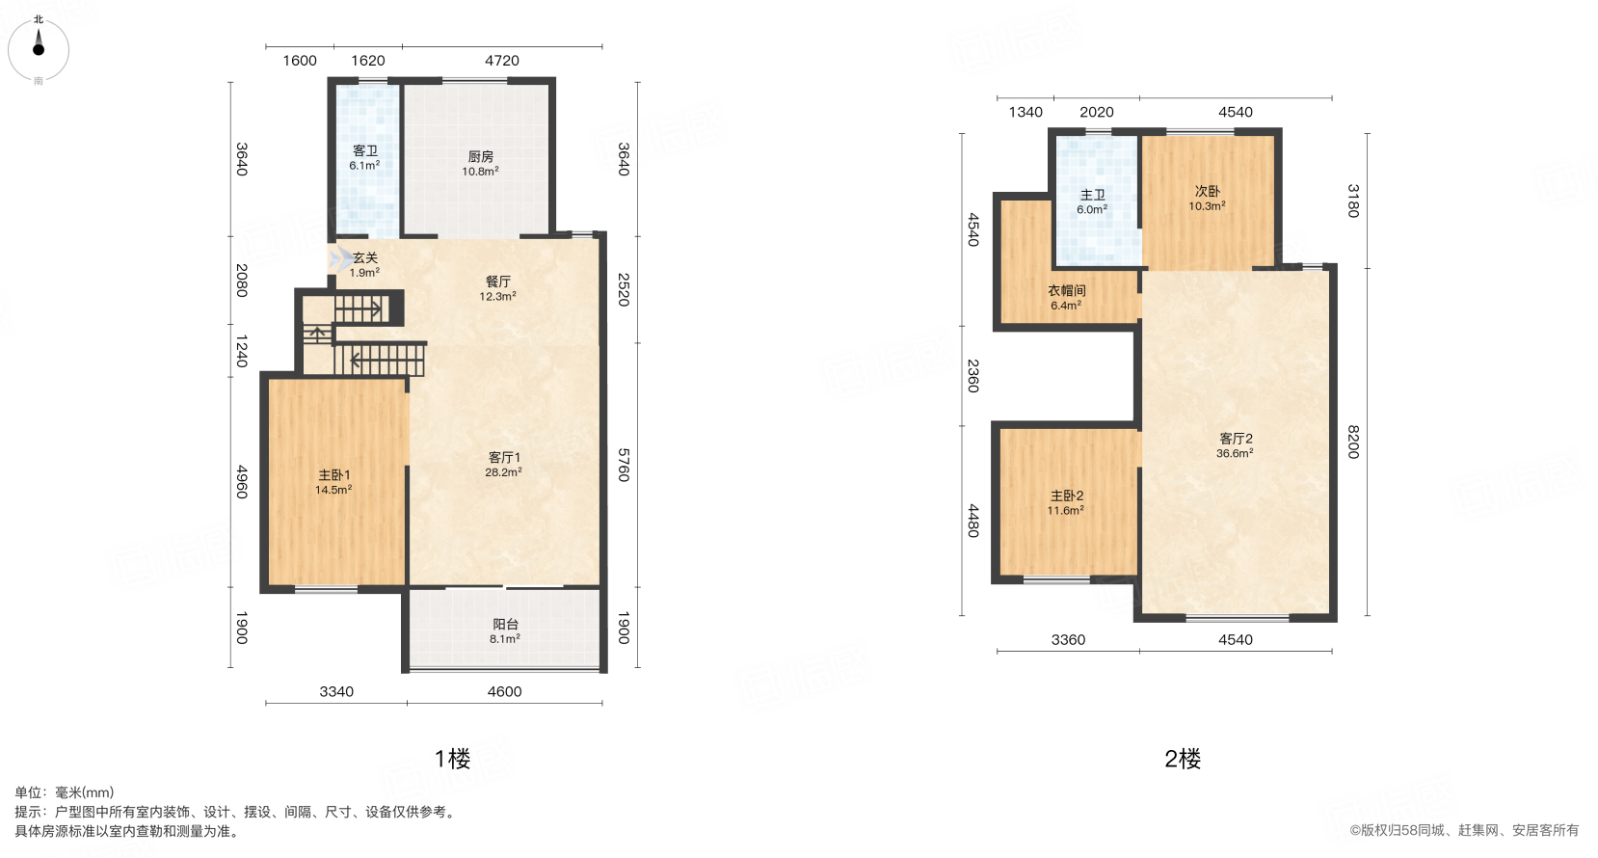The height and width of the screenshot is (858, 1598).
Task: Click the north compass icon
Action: tap(39, 49)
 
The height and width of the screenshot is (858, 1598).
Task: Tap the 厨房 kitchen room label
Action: tap(480, 156)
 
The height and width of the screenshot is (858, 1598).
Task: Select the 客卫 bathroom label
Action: tap(364, 150)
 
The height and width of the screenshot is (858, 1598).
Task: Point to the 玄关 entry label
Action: tap(365, 257)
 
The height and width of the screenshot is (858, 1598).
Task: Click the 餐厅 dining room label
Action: tap(498, 282)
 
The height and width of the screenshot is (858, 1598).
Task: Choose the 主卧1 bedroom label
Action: tap(333, 475)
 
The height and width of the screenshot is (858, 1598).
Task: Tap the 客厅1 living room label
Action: tap(504, 458)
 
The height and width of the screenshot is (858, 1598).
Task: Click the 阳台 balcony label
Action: tap(505, 625)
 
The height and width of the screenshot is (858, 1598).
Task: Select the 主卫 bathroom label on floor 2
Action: tap(1092, 195)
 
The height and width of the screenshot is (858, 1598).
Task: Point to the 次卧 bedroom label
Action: tap(1207, 191)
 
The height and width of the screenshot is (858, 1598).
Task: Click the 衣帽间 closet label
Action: tap(1067, 290)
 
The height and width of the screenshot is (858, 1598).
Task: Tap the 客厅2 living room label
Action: tap(1236, 439)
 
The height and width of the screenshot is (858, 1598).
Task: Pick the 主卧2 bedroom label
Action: tap(1067, 496)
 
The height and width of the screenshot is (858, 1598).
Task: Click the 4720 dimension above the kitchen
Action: tap(501, 61)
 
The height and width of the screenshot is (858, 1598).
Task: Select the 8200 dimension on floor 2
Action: tap(1353, 442)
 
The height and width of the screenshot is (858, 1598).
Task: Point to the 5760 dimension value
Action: tap(624, 465)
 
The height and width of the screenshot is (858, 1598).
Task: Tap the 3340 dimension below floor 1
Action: tap(336, 691)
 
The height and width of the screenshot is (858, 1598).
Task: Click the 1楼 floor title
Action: tap(452, 759)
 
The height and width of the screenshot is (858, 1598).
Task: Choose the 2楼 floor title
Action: tap(1182, 759)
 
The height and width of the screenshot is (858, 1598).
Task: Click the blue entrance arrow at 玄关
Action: tap(340, 259)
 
